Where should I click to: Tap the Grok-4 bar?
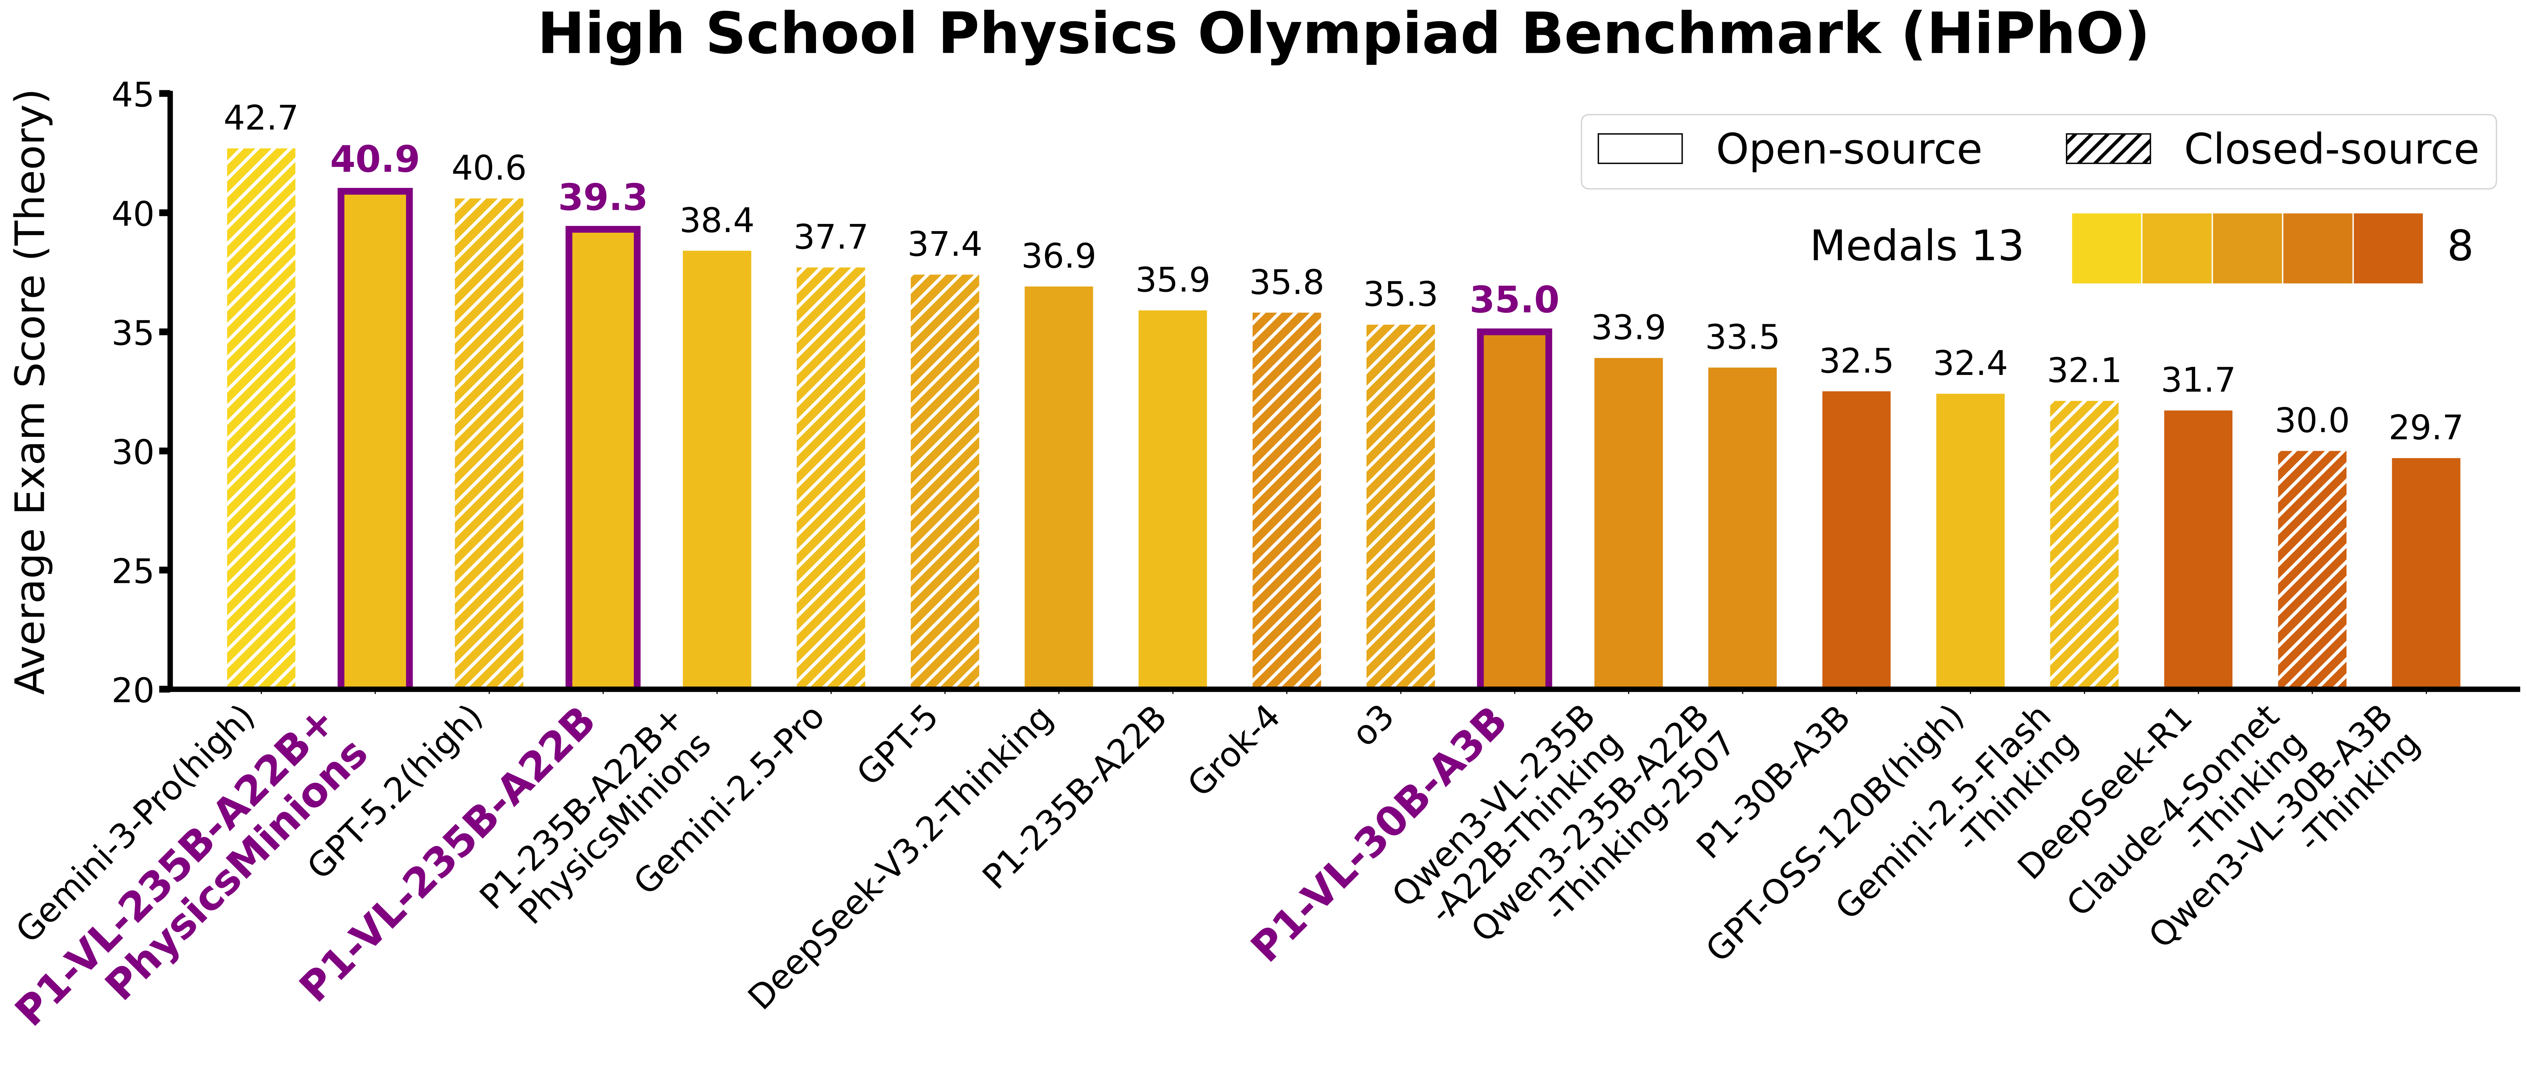tap(1286, 500)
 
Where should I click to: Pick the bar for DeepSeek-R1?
tap(2197, 549)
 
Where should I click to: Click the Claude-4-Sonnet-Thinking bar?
tap(2311, 569)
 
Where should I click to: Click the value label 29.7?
tap(2425, 429)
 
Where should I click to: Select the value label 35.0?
tap(1514, 300)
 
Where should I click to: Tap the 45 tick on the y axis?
tap(133, 95)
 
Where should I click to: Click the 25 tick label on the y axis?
tap(133, 571)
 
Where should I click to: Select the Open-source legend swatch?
tap(1639, 149)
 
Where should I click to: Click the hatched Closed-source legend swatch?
tap(2108, 149)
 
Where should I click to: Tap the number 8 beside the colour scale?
tap(2459, 246)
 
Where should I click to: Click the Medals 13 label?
tap(1916, 246)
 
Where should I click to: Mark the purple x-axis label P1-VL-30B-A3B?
tap(1378, 834)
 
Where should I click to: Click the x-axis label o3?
tap(1373, 726)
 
